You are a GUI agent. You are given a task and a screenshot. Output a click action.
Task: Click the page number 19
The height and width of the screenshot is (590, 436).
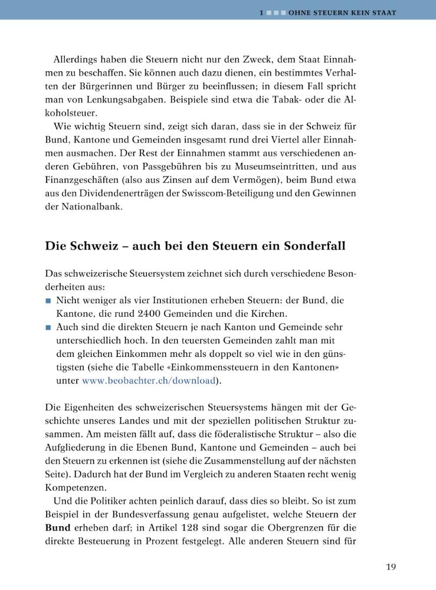click(x=391, y=567)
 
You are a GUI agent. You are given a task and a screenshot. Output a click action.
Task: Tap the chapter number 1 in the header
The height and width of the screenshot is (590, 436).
click(x=261, y=12)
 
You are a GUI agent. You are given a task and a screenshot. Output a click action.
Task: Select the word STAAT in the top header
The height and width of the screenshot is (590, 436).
click(x=383, y=12)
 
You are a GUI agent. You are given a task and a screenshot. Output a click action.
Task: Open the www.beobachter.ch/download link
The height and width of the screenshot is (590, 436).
click(x=149, y=381)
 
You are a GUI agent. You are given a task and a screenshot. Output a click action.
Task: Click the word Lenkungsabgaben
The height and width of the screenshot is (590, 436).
click(x=122, y=100)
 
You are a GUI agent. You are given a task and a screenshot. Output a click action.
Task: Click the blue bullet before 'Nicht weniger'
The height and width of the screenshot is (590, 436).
click(x=48, y=301)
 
